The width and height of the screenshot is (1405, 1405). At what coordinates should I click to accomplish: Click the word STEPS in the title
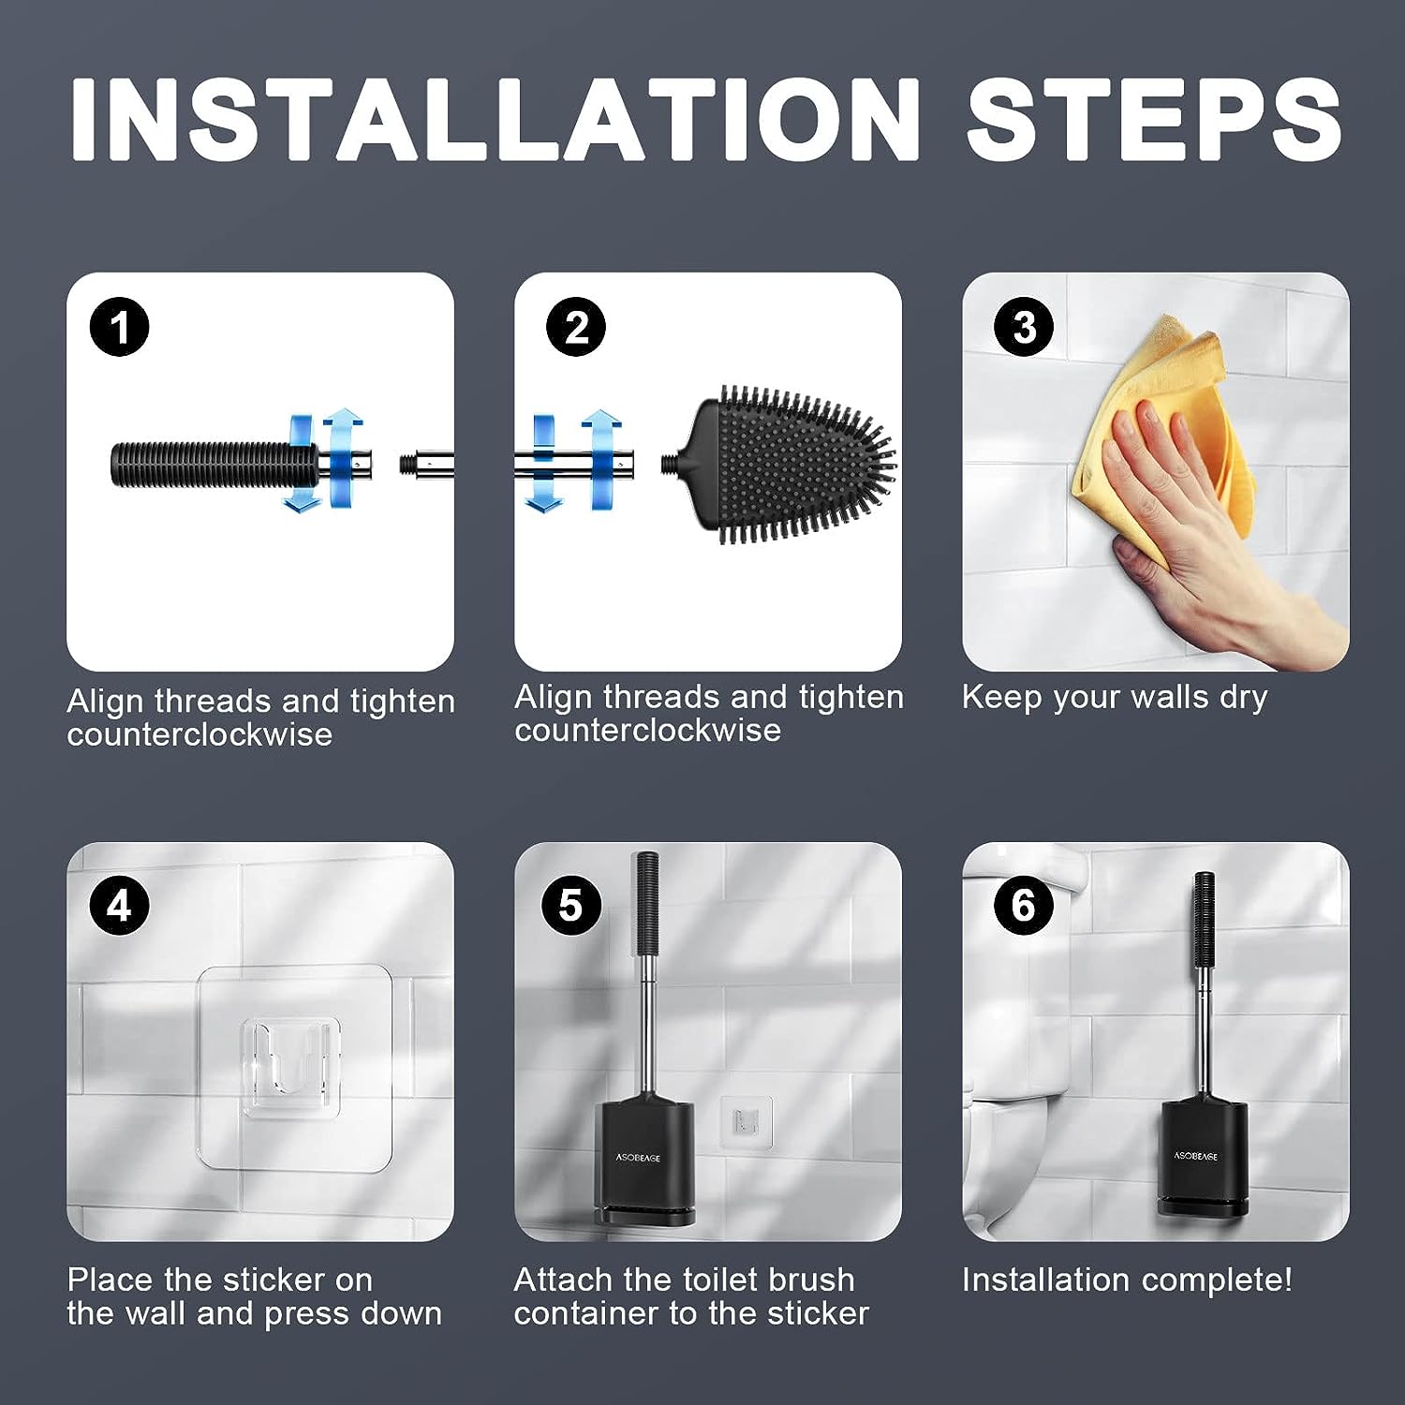click(x=1154, y=119)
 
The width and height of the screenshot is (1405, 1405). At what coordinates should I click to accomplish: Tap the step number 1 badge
click(x=120, y=328)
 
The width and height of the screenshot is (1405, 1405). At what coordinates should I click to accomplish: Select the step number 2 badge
click(x=576, y=327)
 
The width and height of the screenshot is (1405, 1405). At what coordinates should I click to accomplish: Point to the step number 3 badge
click(x=1025, y=327)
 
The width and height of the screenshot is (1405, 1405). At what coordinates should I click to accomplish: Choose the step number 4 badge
click(x=120, y=906)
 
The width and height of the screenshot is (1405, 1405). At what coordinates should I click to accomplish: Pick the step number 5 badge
click(x=570, y=906)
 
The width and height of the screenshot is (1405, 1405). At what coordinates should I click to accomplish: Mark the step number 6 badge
click(x=1025, y=906)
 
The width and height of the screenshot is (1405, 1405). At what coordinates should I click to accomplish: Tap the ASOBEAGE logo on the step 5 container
click(x=638, y=1158)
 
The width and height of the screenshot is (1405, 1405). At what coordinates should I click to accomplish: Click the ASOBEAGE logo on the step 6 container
click(x=1196, y=1155)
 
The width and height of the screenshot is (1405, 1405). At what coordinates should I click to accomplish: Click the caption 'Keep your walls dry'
click(x=1115, y=698)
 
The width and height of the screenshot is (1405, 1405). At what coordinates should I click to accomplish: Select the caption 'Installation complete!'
click(x=1127, y=1279)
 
